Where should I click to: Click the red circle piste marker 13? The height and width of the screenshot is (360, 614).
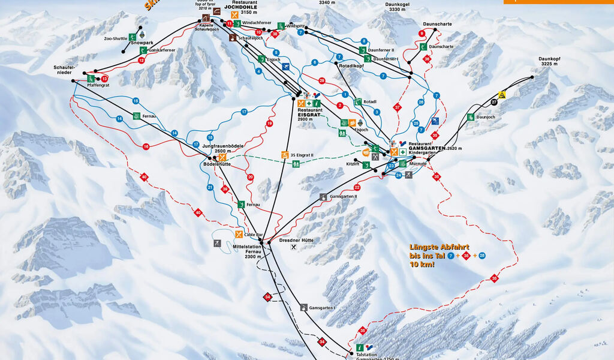104,79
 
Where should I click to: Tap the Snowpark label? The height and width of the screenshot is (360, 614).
142,43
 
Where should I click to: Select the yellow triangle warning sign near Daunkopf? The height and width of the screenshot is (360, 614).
502,95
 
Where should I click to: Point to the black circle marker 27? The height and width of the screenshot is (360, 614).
494,103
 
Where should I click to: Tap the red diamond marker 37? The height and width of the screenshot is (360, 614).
396,107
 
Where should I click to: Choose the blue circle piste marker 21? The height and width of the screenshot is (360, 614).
210,188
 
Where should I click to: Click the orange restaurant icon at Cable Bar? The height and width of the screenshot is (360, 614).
239,235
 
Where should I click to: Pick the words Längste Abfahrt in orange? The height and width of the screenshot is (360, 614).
440,247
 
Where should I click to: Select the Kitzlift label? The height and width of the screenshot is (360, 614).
353,163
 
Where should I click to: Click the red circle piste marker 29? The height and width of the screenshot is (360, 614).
322,80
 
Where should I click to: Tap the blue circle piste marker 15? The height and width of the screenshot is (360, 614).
136,101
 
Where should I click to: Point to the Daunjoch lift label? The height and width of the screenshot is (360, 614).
488,117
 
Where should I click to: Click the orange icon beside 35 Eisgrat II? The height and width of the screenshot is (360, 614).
285,155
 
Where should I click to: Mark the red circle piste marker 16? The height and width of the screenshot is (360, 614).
146,146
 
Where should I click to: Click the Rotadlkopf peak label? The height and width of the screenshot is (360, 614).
351,67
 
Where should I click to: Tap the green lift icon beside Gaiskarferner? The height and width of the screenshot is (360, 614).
143,50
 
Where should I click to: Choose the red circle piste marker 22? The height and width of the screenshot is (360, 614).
357,187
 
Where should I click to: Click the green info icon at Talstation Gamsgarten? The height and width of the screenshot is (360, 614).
360,347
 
